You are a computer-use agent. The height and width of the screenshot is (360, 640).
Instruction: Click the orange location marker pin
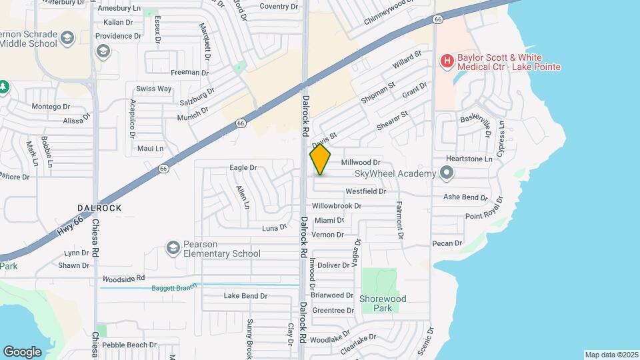321,160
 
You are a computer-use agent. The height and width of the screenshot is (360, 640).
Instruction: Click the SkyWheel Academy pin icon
447,173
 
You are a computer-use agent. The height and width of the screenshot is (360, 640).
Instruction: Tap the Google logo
22,351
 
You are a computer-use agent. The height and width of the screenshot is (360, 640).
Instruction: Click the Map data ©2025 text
611,355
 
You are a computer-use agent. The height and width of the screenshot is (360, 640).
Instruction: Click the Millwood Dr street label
360,163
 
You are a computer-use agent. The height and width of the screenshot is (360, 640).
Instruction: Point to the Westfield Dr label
365,191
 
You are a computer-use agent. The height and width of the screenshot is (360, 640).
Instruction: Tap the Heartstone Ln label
469,159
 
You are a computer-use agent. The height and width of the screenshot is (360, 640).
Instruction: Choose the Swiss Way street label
154,89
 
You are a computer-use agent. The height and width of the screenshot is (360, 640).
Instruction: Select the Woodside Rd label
123,277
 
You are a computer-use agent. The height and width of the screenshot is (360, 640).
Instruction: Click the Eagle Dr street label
243,168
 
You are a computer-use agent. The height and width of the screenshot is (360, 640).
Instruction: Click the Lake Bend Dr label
245,296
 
